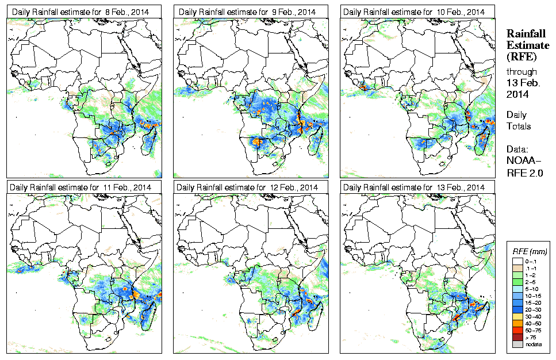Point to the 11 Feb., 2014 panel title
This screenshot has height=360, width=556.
coord(81,187)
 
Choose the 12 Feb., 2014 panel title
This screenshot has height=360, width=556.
coord(248,187)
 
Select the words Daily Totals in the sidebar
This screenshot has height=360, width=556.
coord(519,120)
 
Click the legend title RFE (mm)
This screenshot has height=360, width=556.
coord(530,252)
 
